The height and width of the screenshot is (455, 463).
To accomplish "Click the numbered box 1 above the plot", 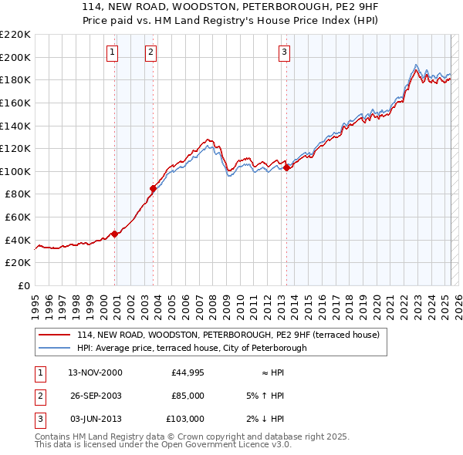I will [x=113, y=52].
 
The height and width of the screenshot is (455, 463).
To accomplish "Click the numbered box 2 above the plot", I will [x=150, y=52].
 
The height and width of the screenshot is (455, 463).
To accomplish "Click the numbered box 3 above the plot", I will [x=284, y=52].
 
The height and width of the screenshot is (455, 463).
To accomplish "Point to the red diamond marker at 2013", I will [x=286, y=167].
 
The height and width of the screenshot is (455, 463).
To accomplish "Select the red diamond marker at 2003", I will [x=154, y=187].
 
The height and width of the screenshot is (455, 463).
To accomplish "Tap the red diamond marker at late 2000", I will [x=115, y=234].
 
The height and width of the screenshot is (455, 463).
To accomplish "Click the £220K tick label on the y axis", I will [x=15, y=35].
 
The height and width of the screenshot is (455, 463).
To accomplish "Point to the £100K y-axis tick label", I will [x=15, y=171].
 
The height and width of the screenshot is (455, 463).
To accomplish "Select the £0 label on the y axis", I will [x=23, y=285].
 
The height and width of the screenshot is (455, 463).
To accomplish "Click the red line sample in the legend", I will [x=54, y=335].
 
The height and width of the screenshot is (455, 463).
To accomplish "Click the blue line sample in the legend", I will [x=54, y=348].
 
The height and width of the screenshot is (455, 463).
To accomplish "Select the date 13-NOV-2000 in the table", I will [x=95, y=372].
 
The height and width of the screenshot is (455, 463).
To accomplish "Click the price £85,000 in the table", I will [x=188, y=396].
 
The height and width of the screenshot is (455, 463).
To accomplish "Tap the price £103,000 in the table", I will [x=185, y=419].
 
